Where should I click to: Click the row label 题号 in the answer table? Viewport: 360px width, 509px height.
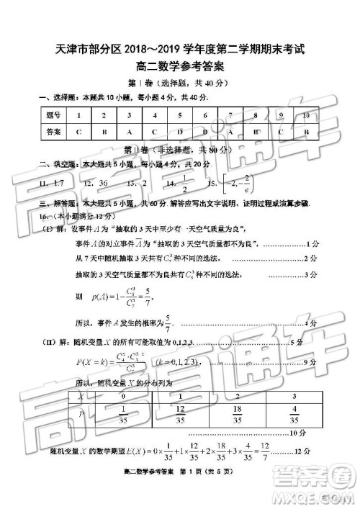[53, 116]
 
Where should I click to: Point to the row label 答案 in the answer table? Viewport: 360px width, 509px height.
[53, 132]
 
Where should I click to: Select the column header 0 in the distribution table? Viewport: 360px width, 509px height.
[123, 396]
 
